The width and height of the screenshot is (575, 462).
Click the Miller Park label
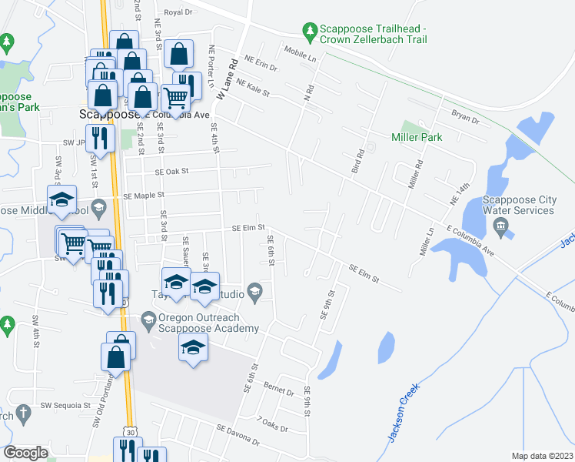pyautogui.click(x=417, y=137)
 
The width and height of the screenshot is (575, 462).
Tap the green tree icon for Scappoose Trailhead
pyautogui.click(x=310, y=31)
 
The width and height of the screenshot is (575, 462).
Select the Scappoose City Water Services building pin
pyautogui.click(x=501, y=226)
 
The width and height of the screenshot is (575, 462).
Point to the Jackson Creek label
pyautogui.click(x=402, y=413)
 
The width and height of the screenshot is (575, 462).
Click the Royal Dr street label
pyautogui.click(x=177, y=12)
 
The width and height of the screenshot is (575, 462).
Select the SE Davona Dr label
pyautogui.click(x=238, y=434)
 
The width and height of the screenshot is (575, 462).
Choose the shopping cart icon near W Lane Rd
pyautogui.click(x=175, y=98)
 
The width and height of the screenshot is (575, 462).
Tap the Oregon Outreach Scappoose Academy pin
pyautogui.click(x=148, y=319)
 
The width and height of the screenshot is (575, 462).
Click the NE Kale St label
pyautogui.click(x=254, y=89)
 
